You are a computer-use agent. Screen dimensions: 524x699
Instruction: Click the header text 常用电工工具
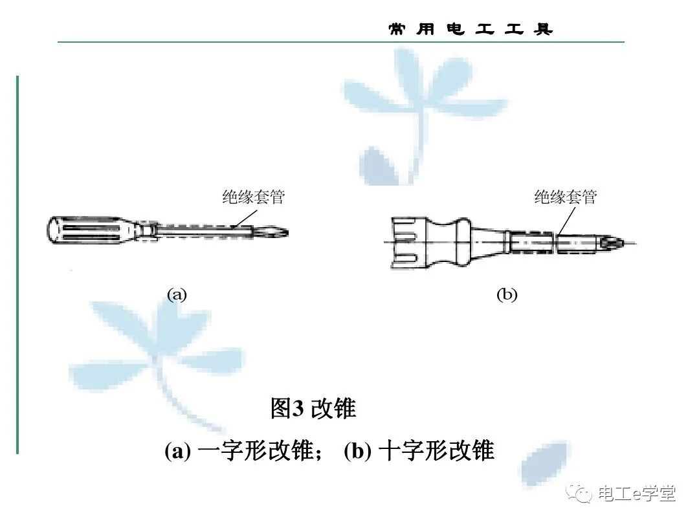[x=471, y=30]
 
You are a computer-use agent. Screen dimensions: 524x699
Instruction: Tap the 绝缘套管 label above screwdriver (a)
[x=253, y=198]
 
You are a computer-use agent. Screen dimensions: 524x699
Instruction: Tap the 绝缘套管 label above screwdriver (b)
[x=565, y=197]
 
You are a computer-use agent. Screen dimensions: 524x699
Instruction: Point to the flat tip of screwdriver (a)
[x=275, y=232]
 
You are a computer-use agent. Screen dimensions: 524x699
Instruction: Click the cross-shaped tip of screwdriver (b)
[x=612, y=243]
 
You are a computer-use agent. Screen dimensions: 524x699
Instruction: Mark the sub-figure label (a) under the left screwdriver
[x=177, y=295]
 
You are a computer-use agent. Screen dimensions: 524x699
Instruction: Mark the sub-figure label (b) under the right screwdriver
[x=507, y=295]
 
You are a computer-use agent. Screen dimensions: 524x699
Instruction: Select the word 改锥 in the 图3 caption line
[x=333, y=409]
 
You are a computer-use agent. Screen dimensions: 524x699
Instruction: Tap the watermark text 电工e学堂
[x=637, y=494]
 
